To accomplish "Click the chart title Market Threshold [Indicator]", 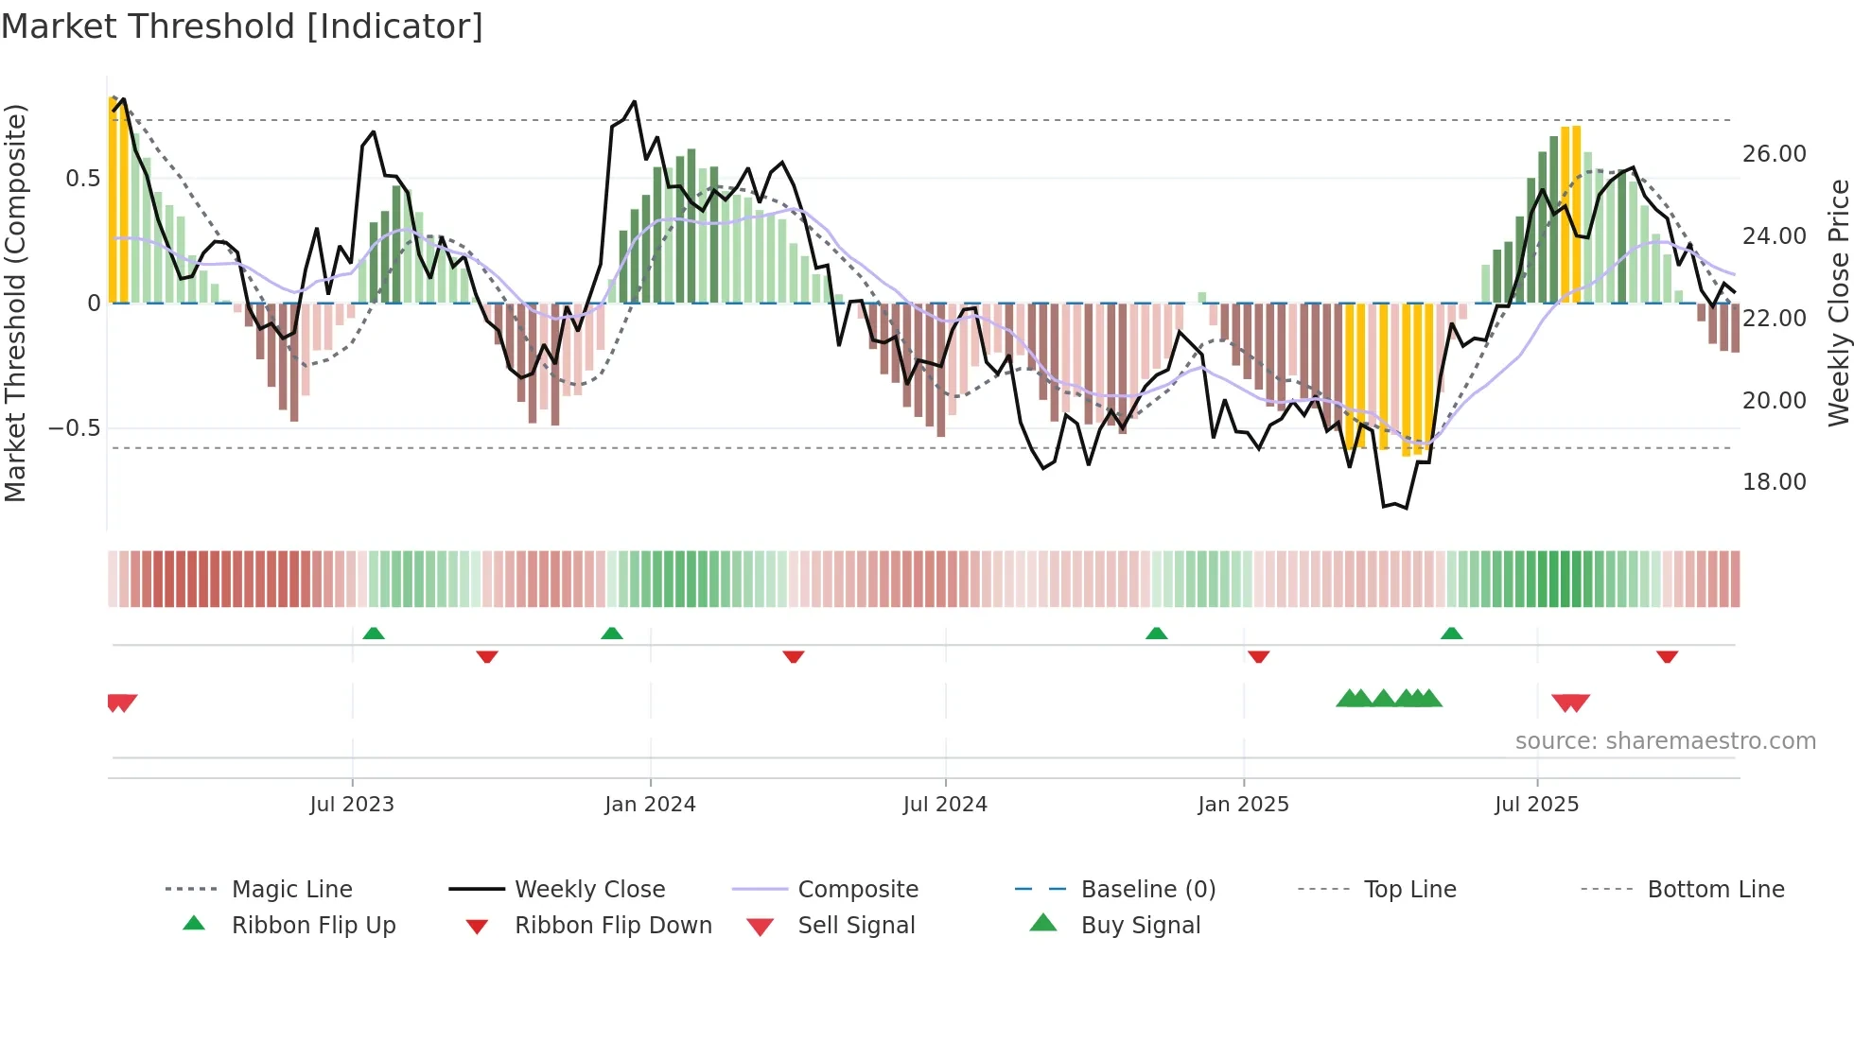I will [x=242, y=26].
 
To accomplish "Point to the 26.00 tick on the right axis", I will [x=1774, y=154].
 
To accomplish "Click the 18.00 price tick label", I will [x=1774, y=482].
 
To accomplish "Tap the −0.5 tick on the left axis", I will [x=74, y=428].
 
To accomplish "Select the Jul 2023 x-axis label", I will [x=351, y=805].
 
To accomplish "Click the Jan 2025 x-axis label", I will [x=1243, y=805].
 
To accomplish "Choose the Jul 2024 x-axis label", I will [x=945, y=805].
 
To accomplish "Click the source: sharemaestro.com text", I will [x=1665, y=741].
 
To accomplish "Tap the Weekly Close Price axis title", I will [x=1838, y=303].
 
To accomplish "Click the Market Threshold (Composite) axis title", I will [x=15, y=303].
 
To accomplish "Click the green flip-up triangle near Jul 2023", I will [x=374, y=634].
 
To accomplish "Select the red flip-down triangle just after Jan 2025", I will [x=1258, y=656].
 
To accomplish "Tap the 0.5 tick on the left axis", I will [x=82, y=179].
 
